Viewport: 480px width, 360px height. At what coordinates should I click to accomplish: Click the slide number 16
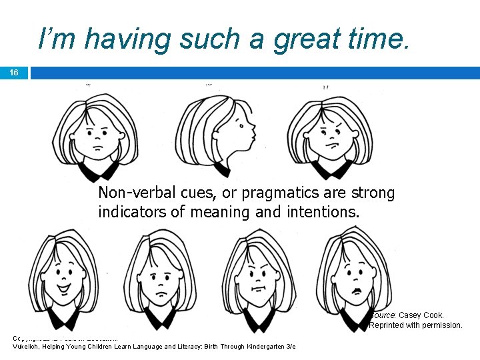tap(14, 73)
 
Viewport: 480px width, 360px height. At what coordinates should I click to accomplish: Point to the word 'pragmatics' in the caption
tap(275, 193)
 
